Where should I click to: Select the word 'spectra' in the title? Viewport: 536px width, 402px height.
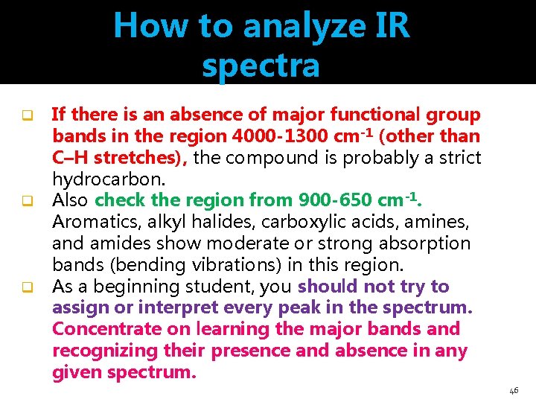[261, 66]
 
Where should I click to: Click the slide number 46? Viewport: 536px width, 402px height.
[514, 389]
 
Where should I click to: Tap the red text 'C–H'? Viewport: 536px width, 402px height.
[70, 159]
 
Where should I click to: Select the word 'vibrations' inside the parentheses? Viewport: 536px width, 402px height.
[234, 265]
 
